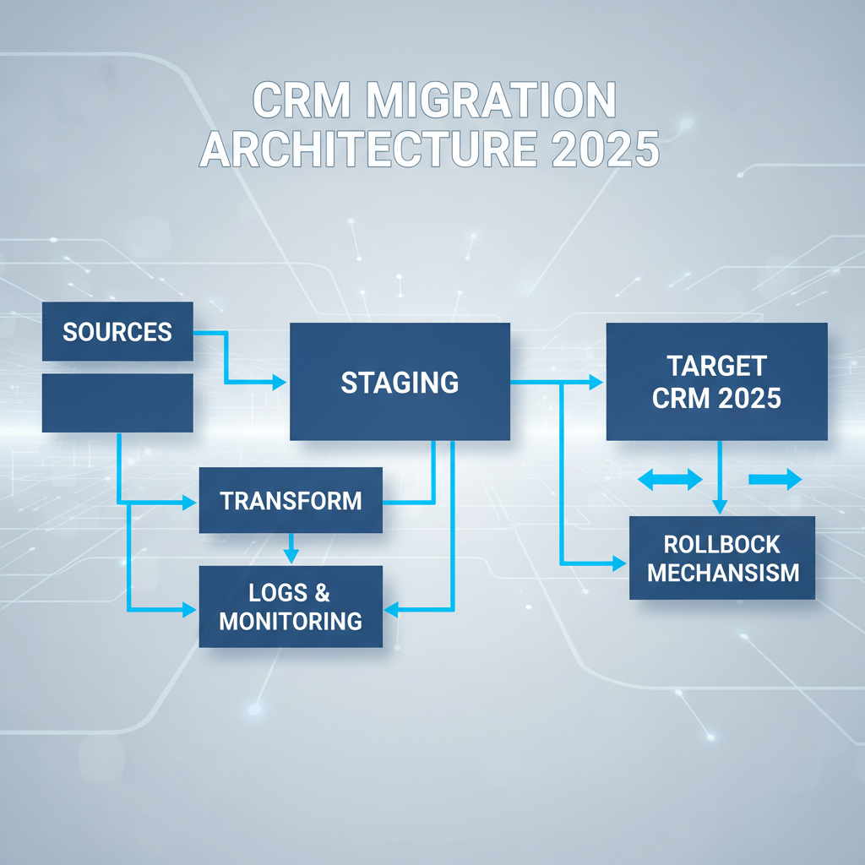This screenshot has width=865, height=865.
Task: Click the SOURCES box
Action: point(117,332)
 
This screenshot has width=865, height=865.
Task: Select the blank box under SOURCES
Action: point(117,403)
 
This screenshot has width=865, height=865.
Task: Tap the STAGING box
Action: point(400,382)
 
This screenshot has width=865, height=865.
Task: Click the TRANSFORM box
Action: point(291,500)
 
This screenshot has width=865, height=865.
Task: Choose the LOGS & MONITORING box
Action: point(291,606)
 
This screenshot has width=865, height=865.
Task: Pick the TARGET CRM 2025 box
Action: point(716,382)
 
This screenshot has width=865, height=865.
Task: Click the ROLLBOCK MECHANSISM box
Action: point(722,558)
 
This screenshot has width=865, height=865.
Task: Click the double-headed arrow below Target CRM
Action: point(669,480)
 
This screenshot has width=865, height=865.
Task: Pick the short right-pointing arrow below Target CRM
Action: point(775,480)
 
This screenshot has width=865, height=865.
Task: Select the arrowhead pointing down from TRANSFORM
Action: point(291,557)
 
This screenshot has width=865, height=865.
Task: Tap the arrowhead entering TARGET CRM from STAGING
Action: point(596,383)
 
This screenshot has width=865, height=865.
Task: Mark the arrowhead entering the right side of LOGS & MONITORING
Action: point(390,608)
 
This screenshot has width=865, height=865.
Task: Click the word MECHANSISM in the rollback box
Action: point(722,572)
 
